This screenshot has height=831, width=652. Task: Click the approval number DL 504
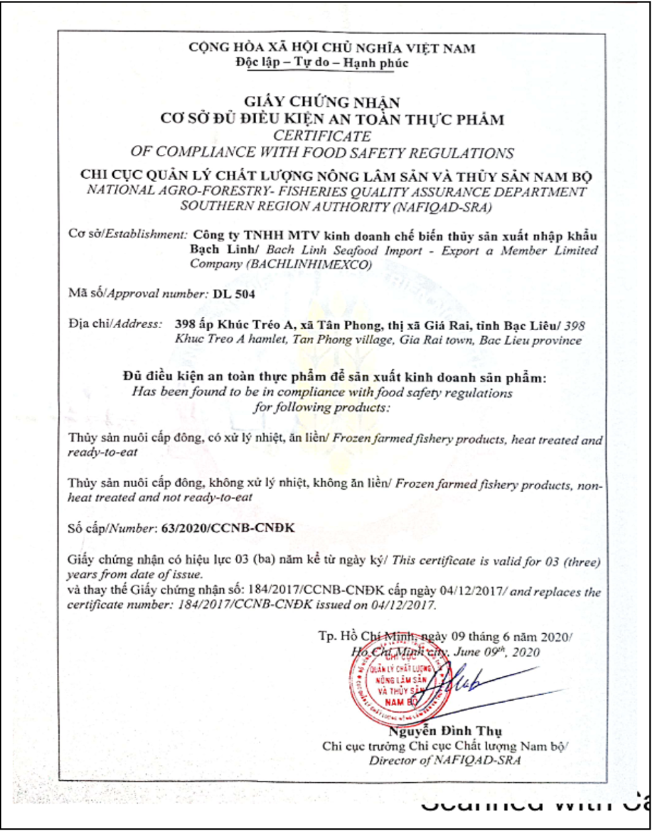point(234,293)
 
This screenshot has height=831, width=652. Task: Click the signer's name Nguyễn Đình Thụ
point(445,731)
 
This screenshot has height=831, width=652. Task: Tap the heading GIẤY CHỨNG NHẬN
point(322,102)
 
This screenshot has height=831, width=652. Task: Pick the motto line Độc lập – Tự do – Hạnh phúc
point(322,64)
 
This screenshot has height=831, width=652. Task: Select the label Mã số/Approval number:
point(138,293)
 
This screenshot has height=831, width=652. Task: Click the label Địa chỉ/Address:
point(115,324)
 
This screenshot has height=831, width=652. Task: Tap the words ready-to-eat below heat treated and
point(103,453)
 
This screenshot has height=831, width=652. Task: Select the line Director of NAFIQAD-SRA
point(445,761)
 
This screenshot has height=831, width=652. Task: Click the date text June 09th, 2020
point(496,652)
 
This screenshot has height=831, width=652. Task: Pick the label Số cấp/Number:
point(111,528)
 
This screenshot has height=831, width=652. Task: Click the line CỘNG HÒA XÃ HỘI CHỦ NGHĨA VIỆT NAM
point(332,48)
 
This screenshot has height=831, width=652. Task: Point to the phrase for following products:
point(322,408)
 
